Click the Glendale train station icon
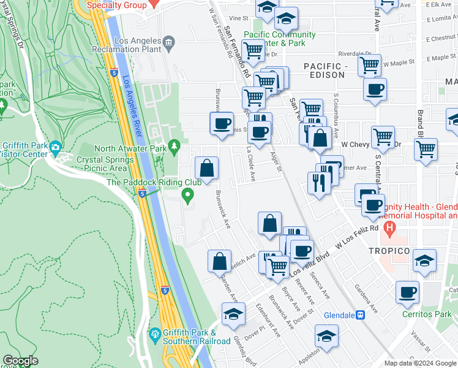coord(361,315)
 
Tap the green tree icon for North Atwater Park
coord(175,145)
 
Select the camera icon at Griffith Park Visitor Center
coord(55,147)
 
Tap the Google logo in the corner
coord(20,361)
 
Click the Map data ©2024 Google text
coord(420,363)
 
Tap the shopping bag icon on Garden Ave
coord(219,261)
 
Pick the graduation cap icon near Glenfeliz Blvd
coord(233,314)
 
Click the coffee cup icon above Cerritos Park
coord(407,291)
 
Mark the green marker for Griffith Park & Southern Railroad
coord(155,334)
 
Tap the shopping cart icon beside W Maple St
coord(369,64)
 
